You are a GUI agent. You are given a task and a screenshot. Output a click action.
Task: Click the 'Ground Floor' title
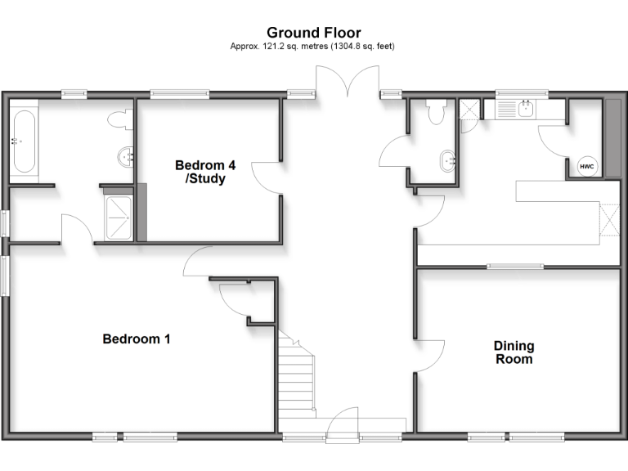point(313,33)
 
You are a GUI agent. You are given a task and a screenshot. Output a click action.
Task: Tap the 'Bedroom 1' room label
point(136,339)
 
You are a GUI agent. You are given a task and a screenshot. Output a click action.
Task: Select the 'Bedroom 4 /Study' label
point(200,172)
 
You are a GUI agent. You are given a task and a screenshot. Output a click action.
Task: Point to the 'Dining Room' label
point(513,352)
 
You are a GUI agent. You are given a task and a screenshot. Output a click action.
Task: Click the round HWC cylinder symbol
point(586,166)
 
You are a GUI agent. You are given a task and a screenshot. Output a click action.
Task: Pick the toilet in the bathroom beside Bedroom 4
point(122,119)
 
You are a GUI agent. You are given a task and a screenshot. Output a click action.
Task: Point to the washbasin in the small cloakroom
point(448,159)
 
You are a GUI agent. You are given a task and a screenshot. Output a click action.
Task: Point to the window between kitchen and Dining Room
point(515,266)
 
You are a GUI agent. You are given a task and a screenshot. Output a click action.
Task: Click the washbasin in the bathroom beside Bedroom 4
point(126,156)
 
